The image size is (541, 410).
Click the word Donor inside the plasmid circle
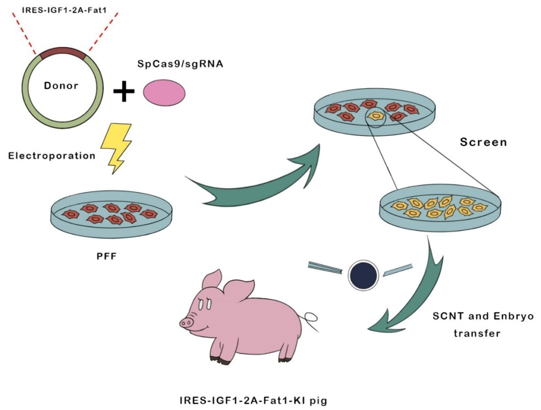coord(61,85)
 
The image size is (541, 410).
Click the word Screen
coord(483,142)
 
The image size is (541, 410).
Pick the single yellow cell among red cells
coord(376,115)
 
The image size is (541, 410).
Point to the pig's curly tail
coord(311,318)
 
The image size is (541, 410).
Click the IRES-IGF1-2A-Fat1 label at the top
coord(63,9)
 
